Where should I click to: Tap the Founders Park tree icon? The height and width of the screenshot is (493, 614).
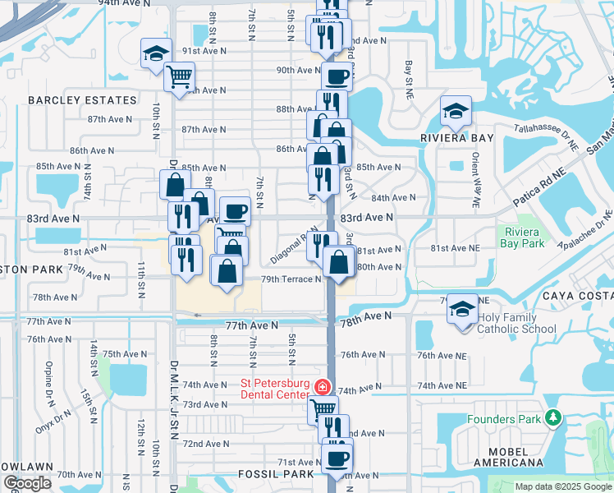[x=554, y=419]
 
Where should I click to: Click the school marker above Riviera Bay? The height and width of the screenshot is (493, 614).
[x=456, y=111]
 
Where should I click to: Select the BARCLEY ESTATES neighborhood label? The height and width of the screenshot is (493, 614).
[x=82, y=100]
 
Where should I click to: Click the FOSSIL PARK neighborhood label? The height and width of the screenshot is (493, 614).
[x=276, y=474]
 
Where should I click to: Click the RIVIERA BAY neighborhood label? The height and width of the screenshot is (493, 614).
[x=456, y=138]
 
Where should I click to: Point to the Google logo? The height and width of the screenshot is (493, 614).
[x=27, y=483]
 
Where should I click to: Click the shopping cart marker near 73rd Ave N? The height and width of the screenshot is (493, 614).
[x=323, y=408]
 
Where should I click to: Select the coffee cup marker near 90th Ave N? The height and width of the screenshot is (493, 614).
[x=336, y=77]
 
